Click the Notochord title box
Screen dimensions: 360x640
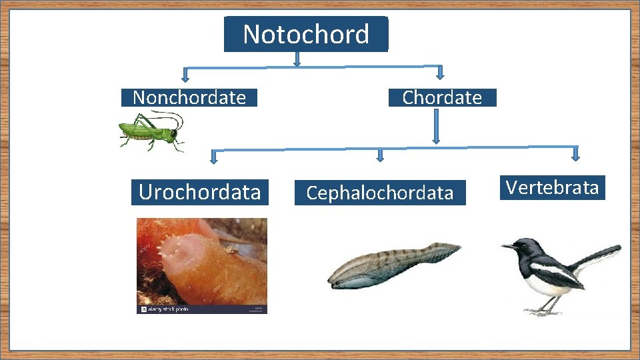[x=305, y=34]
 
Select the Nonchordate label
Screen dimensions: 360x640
[x=189, y=98]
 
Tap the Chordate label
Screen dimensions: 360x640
[x=442, y=97]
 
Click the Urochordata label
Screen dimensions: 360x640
[x=199, y=192]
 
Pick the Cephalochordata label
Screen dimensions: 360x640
[x=380, y=193]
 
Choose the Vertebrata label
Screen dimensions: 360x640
[x=552, y=187]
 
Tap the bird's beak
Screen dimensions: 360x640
[x=508, y=247]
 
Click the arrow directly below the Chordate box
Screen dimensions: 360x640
[x=436, y=127]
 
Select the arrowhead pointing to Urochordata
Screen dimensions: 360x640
[x=213, y=158]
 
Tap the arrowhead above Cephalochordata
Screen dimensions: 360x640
[x=380, y=157]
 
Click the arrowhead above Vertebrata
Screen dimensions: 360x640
[x=576, y=154]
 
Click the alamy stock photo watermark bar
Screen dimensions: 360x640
[x=201, y=309]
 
